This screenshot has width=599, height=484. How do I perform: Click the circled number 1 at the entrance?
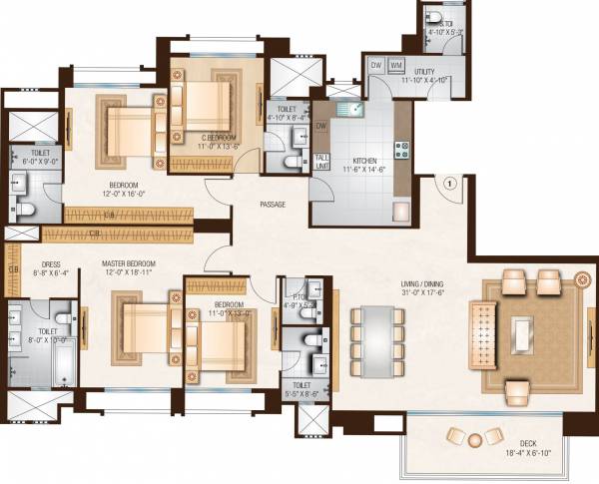[449, 184]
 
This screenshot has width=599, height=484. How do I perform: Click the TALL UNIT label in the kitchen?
[321, 162]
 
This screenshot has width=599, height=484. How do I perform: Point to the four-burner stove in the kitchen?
[402, 151]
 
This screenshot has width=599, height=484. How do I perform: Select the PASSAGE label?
[272, 205]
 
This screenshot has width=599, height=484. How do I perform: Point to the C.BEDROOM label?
[218, 137]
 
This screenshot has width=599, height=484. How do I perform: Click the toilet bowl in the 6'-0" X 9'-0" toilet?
[27, 207]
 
